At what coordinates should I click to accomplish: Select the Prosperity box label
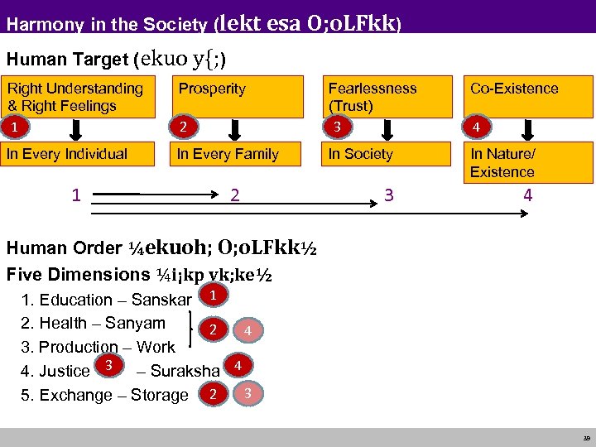(x=212, y=89)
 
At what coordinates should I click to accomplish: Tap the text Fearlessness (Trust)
(x=372, y=97)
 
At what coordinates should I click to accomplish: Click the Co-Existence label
(x=514, y=89)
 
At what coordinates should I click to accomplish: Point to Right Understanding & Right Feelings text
(x=74, y=97)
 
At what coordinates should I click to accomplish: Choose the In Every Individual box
(x=79, y=154)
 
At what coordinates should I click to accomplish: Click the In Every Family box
(x=235, y=154)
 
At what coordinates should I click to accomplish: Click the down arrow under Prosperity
(x=235, y=130)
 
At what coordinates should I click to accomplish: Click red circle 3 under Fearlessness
(x=336, y=127)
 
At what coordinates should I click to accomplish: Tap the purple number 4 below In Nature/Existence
(x=527, y=196)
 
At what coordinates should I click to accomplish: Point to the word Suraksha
(x=185, y=371)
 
